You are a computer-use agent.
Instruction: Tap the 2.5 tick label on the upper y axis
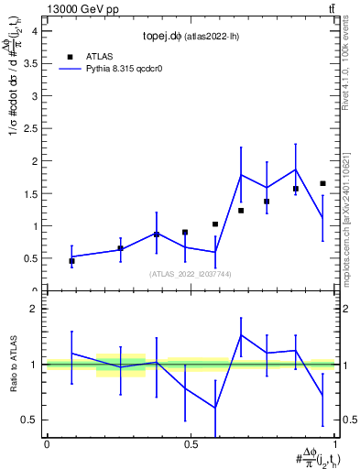point(30,128)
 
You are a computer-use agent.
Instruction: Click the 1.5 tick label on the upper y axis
point(30,193)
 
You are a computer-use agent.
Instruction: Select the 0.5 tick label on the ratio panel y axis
point(30,420)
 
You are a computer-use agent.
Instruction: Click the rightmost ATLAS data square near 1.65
point(322,183)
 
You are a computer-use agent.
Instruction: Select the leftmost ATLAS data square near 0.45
point(71,261)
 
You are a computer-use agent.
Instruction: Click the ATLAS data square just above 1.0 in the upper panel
point(215,224)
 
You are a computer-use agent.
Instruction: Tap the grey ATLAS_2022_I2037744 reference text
point(191,274)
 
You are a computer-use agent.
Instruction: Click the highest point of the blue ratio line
point(241,334)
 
